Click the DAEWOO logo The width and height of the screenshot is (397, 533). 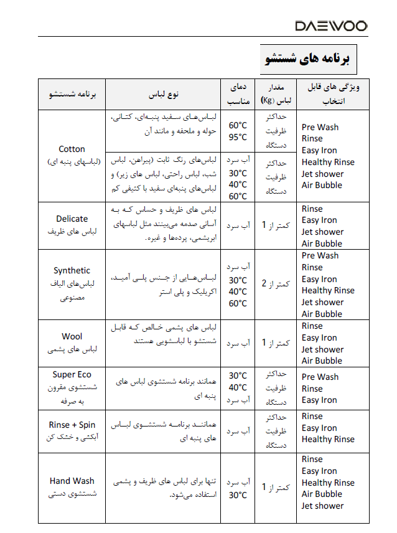(331, 26)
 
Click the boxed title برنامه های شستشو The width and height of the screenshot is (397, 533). (308, 59)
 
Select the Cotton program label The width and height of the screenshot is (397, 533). (72, 149)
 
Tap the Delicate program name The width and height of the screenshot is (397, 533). (72, 219)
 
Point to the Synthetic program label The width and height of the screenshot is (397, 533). (72, 270)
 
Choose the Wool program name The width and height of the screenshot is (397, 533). (72, 337)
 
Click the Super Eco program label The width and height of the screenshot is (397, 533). (72, 374)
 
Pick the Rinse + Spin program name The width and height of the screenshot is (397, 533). (72, 425)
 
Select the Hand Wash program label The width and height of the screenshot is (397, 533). (72, 481)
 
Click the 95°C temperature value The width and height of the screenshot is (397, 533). (238, 137)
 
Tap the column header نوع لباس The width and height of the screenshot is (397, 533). (164, 95)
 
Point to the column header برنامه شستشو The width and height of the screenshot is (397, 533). (72, 95)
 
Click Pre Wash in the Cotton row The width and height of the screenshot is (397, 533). (320, 127)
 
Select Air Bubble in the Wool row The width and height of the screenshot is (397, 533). (322, 361)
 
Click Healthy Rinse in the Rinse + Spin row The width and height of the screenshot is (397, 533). (328, 439)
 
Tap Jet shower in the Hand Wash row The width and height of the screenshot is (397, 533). (322, 506)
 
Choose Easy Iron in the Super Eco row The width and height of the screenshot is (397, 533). (319, 400)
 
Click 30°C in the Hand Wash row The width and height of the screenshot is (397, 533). (238, 495)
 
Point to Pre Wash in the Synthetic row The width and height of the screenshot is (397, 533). (320, 255)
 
